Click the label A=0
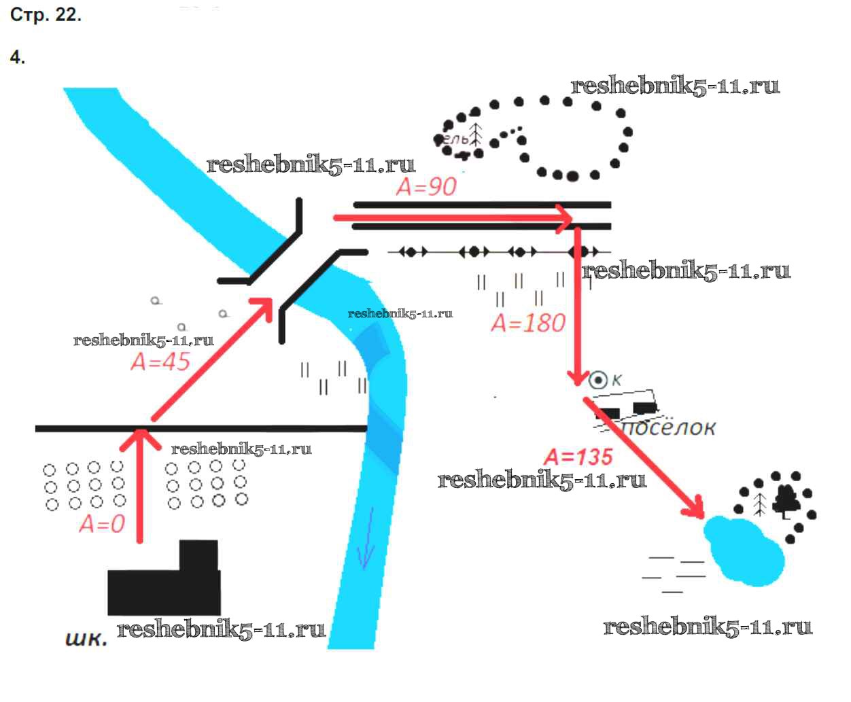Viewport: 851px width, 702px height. pos(102,524)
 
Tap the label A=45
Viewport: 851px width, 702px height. pos(160,362)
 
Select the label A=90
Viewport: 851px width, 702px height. pos(426,186)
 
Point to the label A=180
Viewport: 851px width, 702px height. pos(528,322)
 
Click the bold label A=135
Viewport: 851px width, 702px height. pos(578,457)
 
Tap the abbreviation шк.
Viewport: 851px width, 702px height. pos(86,639)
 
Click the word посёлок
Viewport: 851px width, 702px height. pos(669,427)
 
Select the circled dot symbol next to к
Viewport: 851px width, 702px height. pos(597,380)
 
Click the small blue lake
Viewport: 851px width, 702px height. pos(744,550)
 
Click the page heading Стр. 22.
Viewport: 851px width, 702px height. pos(46,15)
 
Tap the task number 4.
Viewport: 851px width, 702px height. pos(18,57)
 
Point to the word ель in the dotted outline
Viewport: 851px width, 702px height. pos(455,139)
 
